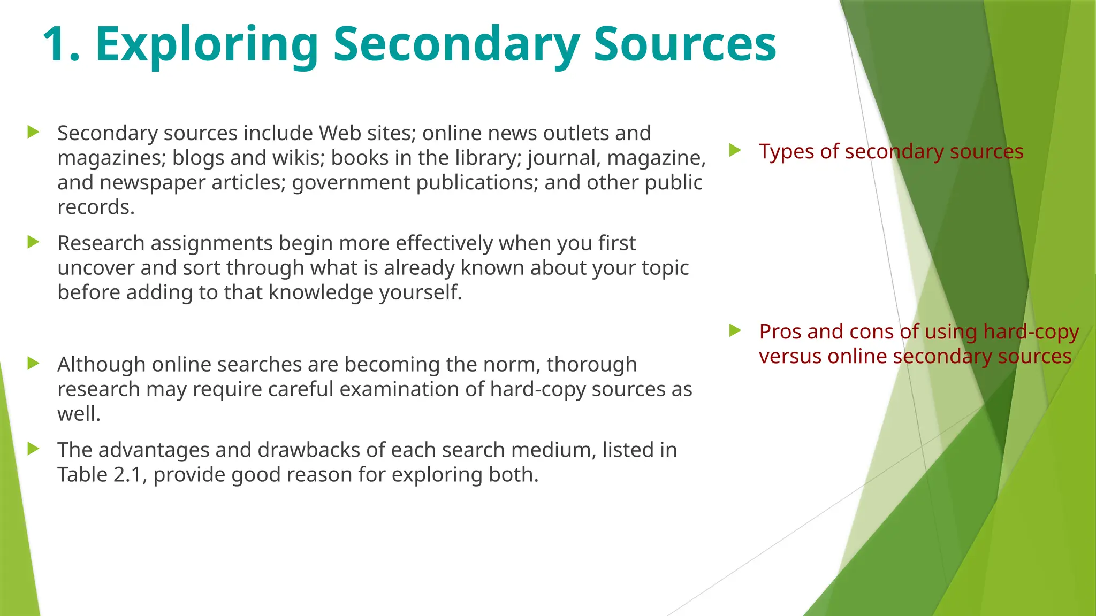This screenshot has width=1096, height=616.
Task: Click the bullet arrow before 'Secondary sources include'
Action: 33,132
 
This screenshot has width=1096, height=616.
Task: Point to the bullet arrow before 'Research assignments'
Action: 33,242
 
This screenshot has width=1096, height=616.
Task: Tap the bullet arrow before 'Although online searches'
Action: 33,364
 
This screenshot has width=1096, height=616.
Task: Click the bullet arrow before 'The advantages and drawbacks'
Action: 33,449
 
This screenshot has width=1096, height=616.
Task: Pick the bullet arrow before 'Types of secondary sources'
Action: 735,150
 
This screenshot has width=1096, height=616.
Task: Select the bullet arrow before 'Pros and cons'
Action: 735,330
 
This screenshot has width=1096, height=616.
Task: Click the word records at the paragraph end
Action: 95,207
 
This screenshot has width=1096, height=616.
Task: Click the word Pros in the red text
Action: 780,332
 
